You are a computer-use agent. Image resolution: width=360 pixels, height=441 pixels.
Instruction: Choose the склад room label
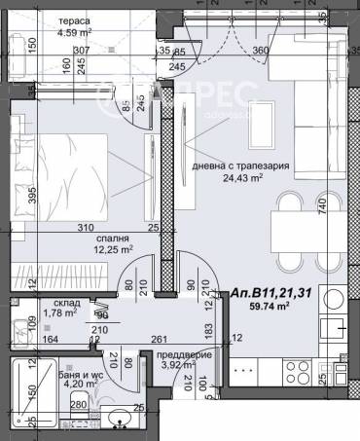click(x=54, y=302)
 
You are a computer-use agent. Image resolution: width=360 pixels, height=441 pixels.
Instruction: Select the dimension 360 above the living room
click(x=260, y=51)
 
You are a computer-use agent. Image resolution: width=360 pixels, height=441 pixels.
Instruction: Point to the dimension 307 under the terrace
click(x=80, y=51)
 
